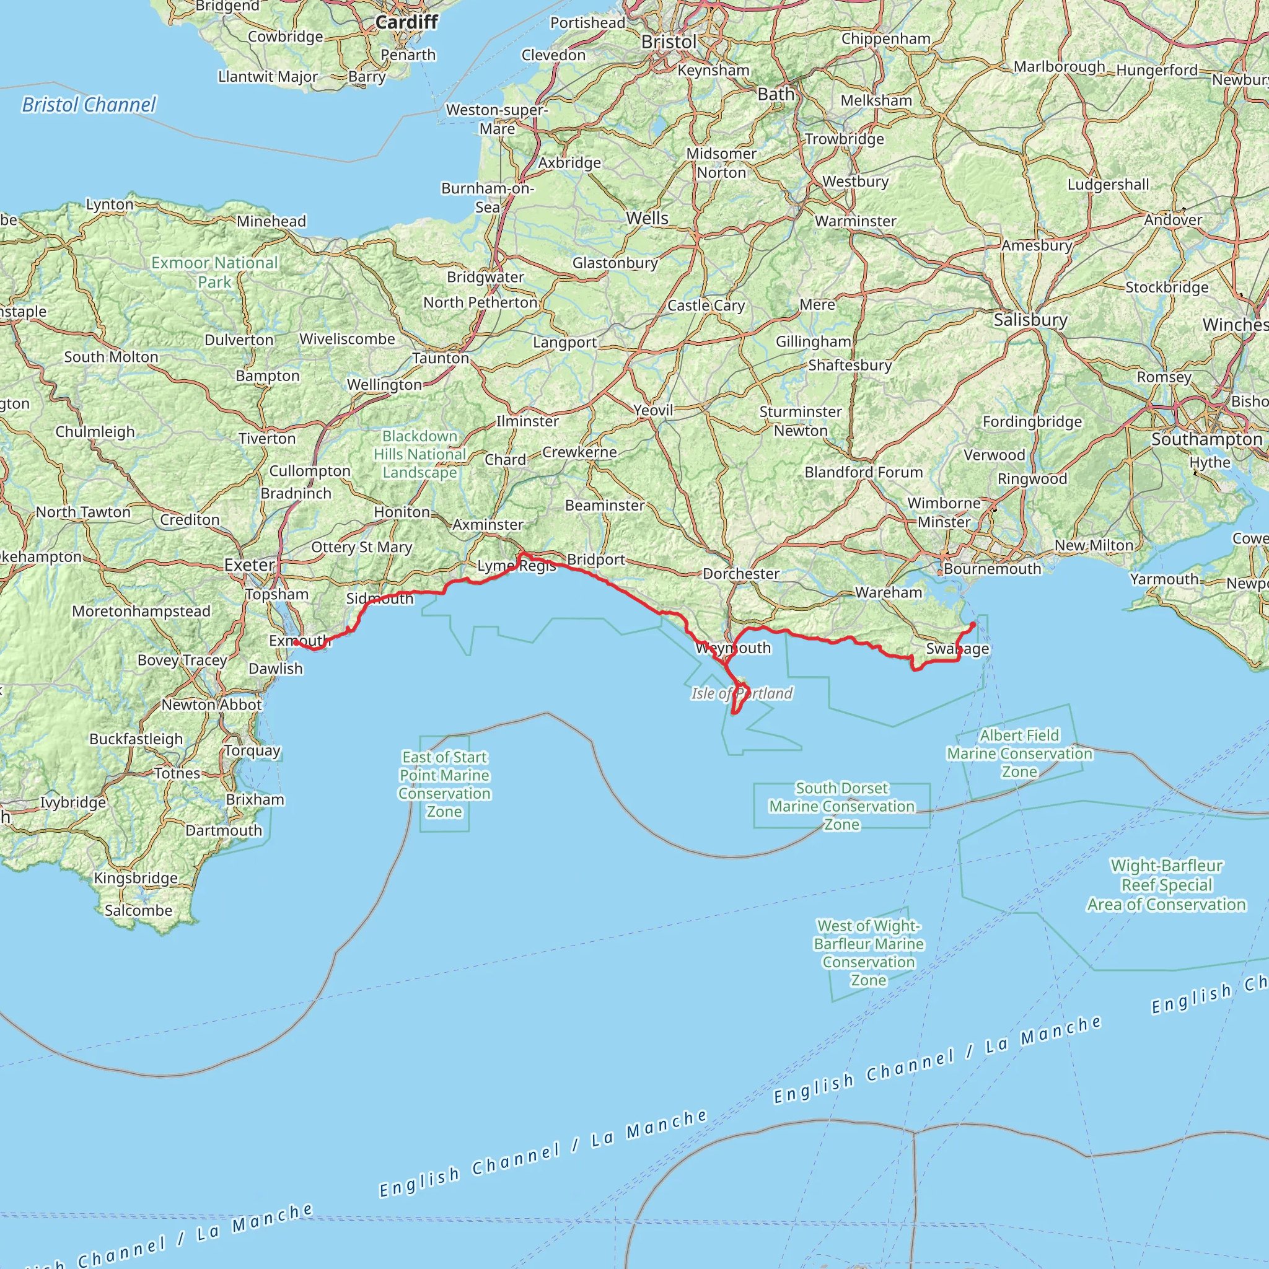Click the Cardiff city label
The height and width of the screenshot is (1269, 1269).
[x=406, y=22]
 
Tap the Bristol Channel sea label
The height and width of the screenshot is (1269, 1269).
[x=89, y=105]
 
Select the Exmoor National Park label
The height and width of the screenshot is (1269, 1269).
[x=214, y=272]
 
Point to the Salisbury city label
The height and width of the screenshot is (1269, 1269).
[x=1030, y=320]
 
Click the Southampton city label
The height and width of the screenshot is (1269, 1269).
[x=1206, y=439]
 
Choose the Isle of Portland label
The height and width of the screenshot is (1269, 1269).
[x=742, y=693]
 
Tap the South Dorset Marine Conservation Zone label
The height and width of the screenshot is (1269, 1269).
[x=841, y=806]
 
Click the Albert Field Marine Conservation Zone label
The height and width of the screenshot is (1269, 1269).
[x=1019, y=753]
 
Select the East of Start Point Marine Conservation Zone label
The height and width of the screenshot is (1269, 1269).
[x=445, y=784]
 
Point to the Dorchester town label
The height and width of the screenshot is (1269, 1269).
[x=741, y=573]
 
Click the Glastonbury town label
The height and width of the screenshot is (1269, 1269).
[x=615, y=263]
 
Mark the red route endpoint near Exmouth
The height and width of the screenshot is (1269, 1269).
[x=296, y=643]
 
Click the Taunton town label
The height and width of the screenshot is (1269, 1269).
[x=440, y=358]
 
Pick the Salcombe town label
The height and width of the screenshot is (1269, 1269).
[x=138, y=910]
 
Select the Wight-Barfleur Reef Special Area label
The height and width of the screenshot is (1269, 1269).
[x=1166, y=885]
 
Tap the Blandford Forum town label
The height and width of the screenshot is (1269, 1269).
[x=864, y=472]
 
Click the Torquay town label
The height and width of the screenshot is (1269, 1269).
[x=252, y=750]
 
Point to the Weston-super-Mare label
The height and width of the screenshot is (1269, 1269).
[x=496, y=119]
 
